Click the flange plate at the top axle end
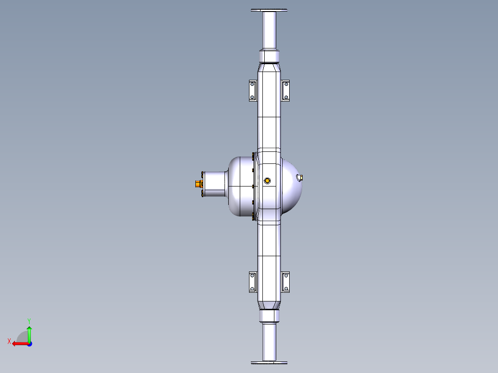tap(269, 10)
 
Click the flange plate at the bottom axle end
tap(269, 363)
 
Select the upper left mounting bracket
tap(252, 90)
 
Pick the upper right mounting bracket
tap(285, 90)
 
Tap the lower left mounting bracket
tap(252, 282)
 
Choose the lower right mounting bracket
tap(285, 282)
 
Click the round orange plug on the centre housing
tap(267, 180)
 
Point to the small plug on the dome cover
tap(300, 177)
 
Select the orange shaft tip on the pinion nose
tap(198, 184)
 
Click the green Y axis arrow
tap(29, 332)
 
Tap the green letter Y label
tap(29, 320)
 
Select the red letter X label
tap(9, 342)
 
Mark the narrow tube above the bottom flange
tap(269, 342)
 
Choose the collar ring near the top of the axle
tap(269, 56)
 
